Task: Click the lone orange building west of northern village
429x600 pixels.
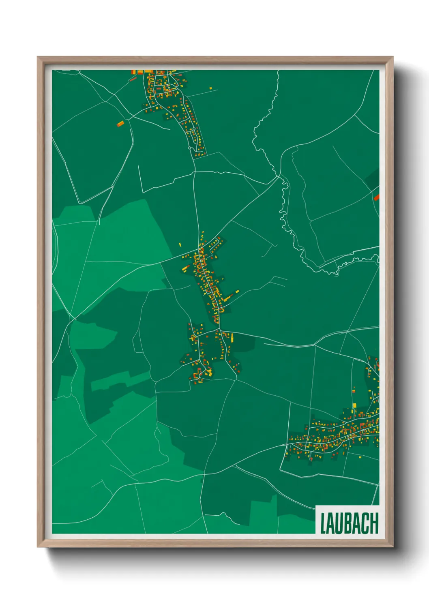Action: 120,124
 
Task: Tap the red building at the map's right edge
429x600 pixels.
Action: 376,197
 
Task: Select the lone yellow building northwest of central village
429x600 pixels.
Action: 180,245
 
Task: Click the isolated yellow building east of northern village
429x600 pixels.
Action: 211,88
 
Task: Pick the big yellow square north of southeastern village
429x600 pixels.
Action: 354,405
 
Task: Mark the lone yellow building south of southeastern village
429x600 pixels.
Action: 360,457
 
